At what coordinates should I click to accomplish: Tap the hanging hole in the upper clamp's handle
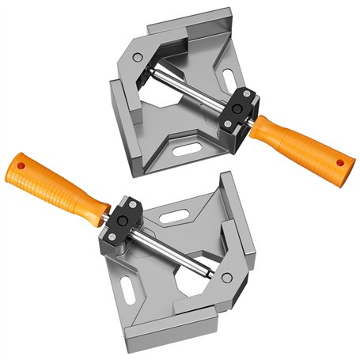(x=342, y=161)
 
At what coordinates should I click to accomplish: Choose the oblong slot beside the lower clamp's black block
(x=176, y=211)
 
